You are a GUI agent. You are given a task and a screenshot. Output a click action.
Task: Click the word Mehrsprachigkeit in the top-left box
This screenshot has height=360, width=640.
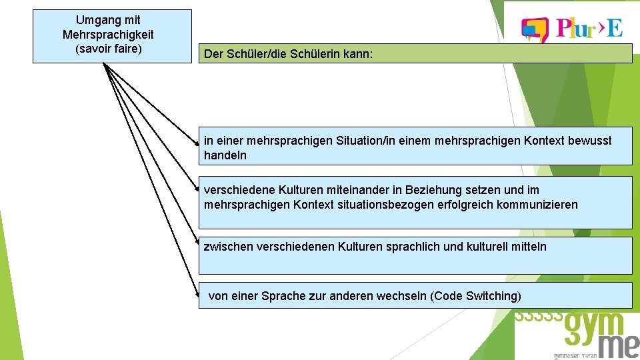108,35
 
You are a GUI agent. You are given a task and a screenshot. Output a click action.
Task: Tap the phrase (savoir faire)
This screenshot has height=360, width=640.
108,49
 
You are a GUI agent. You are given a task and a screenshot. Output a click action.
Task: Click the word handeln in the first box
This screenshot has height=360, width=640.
225,155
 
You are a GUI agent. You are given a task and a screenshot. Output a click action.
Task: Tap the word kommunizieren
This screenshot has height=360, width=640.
537,205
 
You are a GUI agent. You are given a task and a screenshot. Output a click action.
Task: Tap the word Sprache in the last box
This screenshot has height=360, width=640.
285,296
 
